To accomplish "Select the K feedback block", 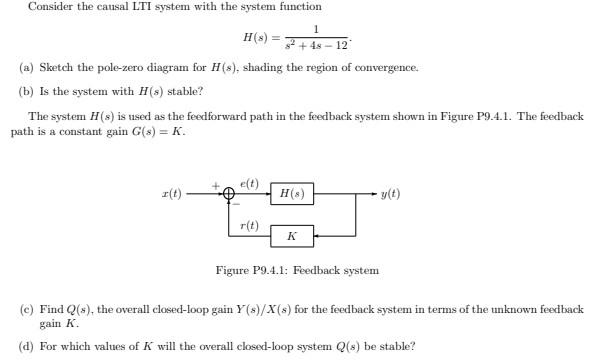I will coord(291,237).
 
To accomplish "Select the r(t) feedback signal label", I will coord(249,225).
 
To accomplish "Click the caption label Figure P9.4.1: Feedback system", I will coord(297,270).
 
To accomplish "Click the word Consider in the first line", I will coord(48,7).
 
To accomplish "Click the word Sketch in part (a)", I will coord(55,67).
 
